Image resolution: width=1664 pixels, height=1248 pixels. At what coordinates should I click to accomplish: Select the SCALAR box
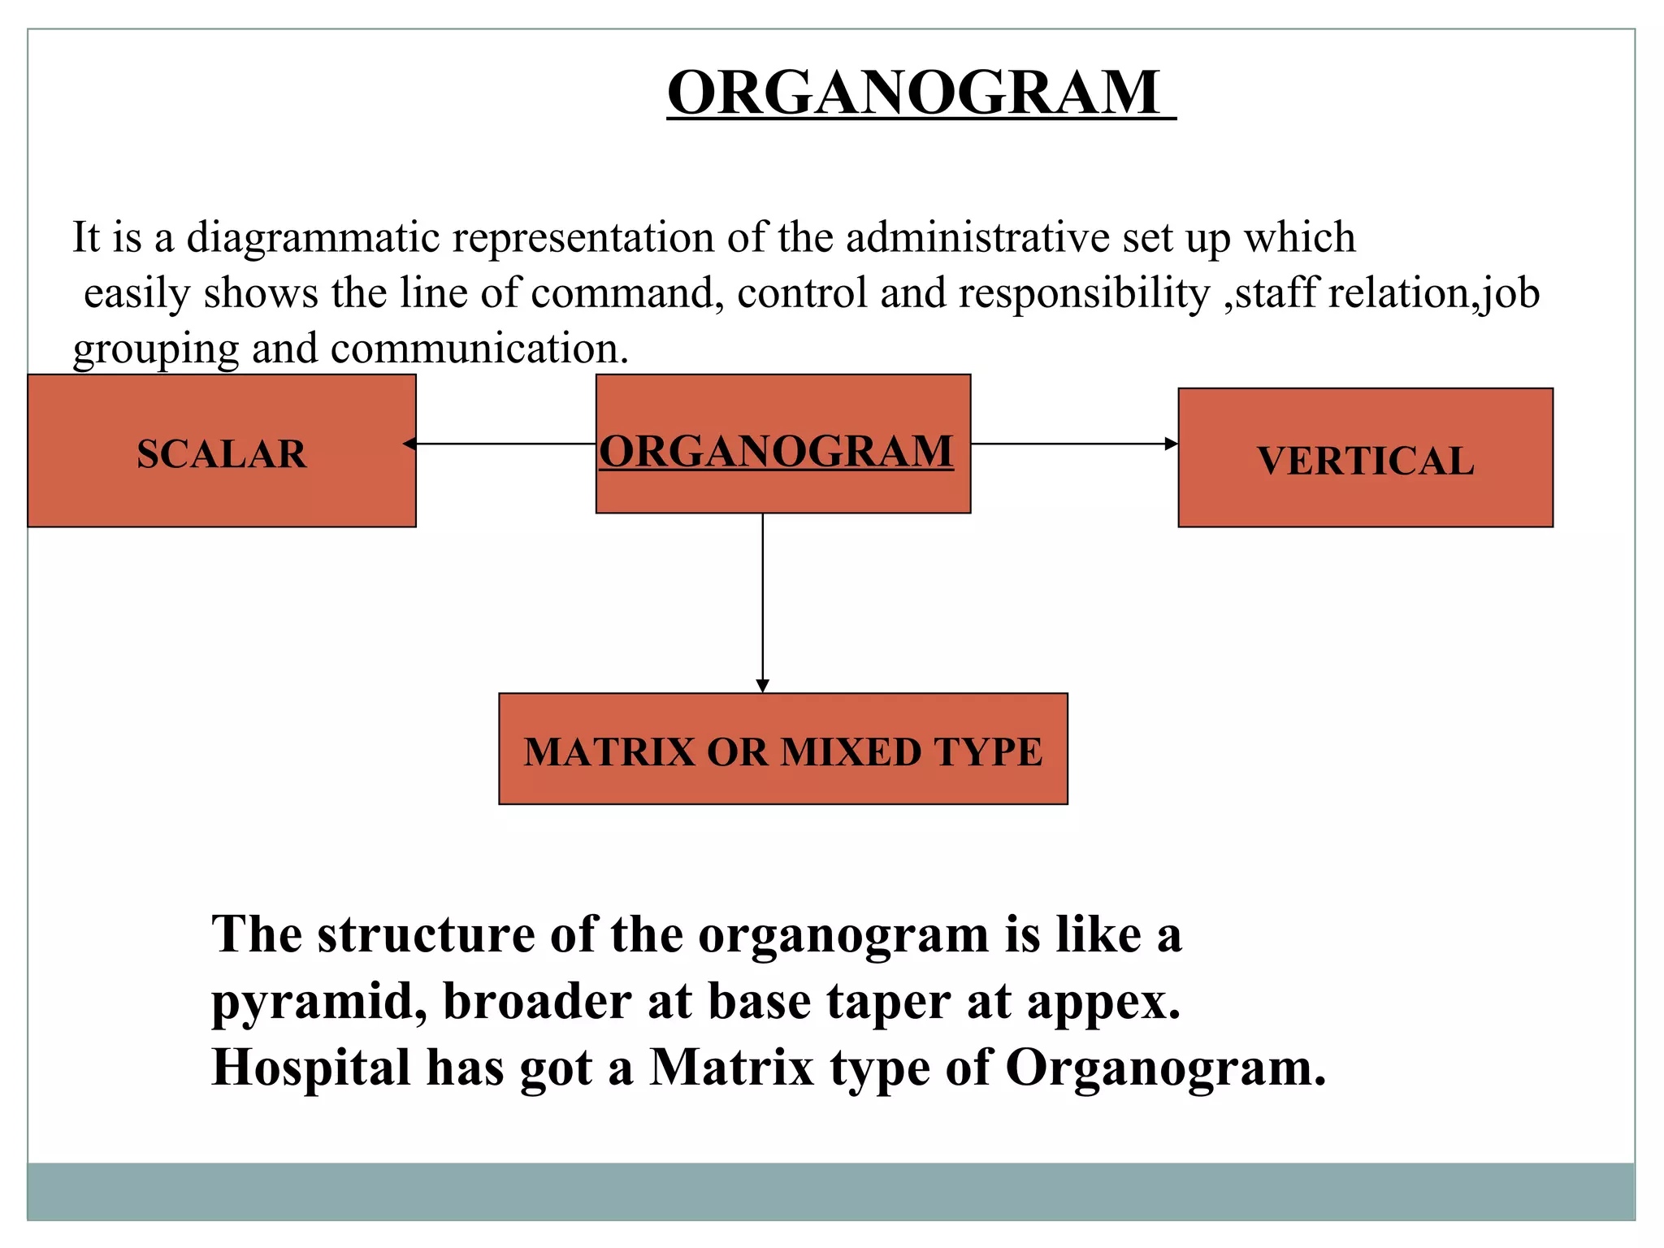pyautogui.click(x=222, y=452)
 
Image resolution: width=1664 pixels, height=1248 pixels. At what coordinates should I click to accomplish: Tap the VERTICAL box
pyautogui.click(x=1365, y=459)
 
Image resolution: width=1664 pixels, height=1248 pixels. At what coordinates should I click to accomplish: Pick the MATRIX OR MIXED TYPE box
pyautogui.click(x=782, y=749)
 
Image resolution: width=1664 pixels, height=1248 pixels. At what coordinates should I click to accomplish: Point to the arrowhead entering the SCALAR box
pyautogui.click(x=410, y=444)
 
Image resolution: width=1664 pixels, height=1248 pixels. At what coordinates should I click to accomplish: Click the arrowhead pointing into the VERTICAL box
pyautogui.click(x=1171, y=444)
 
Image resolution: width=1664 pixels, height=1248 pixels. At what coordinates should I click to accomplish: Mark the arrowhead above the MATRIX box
pyautogui.click(x=762, y=686)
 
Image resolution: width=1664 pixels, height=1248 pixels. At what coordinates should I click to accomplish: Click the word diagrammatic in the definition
pyautogui.click(x=313, y=238)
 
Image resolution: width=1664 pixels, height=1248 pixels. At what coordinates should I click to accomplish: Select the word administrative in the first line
pyautogui.click(x=977, y=238)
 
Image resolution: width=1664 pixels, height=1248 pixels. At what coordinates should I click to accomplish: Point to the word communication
pyautogui.click(x=479, y=349)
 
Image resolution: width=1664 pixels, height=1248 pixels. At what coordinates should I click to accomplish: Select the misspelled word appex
pyautogui.click(x=1104, y=1002)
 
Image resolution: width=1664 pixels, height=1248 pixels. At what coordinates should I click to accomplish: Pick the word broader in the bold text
pyautogui.click(x=537, y=1002)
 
